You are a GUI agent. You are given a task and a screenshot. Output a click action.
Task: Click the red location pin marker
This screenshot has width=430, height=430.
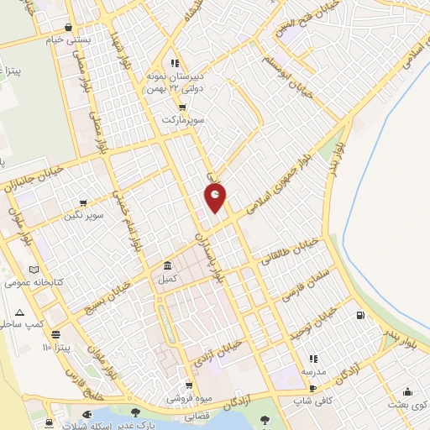(x=216, y=197)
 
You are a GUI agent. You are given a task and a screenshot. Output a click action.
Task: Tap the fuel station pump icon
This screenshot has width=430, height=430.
(x=361, y=316)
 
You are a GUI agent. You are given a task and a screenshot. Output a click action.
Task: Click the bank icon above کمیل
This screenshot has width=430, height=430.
(x=167, y=265)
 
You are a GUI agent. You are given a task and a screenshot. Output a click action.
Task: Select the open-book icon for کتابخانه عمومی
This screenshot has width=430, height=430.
(x=34, y=270)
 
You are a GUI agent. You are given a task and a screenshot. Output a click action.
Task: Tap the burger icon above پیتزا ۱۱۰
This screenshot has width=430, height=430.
(x=55, y=333)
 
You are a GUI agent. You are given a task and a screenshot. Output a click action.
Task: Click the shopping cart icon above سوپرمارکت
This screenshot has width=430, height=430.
(x=181, y=107)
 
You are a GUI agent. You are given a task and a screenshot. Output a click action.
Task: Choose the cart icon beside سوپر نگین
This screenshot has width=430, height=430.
(x=83, y=203)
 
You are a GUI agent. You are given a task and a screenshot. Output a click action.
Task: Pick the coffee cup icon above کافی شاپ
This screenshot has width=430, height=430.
(x=312, y=388)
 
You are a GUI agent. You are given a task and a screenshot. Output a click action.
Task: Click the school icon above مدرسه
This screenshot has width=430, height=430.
(x=312, y=359)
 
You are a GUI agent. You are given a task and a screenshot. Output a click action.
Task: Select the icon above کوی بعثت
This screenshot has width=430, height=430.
(x=407, y=391)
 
